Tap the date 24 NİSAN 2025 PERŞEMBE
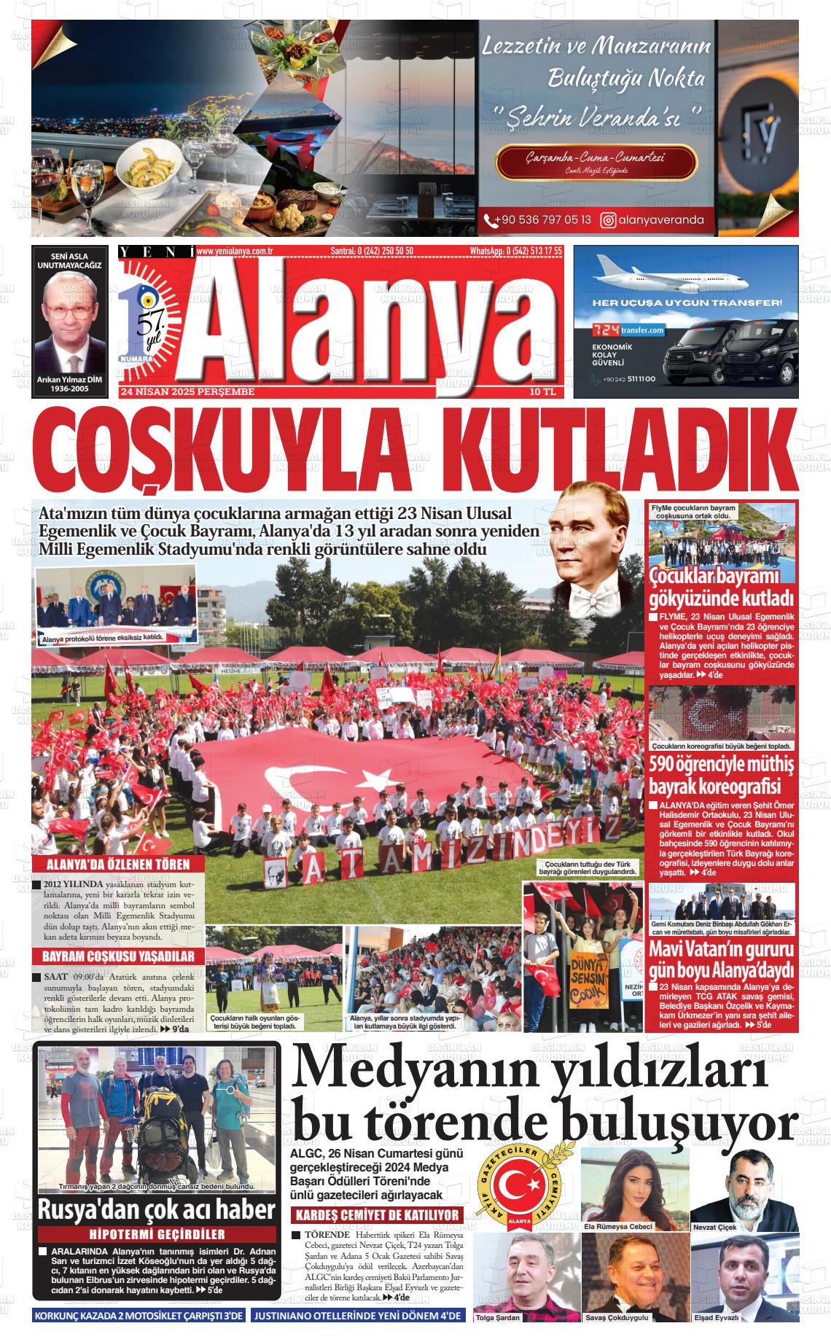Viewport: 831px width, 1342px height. pos(187,392)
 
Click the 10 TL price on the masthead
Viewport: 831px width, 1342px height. pos(543,392)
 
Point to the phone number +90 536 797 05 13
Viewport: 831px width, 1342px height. pos(542,219)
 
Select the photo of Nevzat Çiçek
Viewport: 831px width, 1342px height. pos(744,1185)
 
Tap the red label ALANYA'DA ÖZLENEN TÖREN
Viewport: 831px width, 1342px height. pos(118,865)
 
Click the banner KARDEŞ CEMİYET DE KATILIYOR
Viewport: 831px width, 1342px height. pos(377,1215)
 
